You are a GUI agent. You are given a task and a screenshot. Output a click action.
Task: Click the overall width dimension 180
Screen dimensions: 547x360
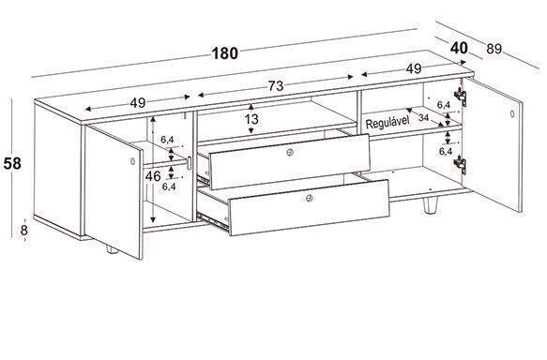[x=225, y=53]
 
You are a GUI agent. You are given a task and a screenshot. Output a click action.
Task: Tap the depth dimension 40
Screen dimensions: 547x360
[x=459, y=48]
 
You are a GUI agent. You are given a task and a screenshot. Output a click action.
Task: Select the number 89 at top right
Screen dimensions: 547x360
[x=494, y=49]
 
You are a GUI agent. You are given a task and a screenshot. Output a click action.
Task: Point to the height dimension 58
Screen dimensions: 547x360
[x=12, y=163]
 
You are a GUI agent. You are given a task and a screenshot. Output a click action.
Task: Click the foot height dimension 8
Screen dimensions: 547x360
[x=24, y=231]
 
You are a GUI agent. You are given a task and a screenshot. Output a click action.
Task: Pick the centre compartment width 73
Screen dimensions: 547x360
[x=276, y=86]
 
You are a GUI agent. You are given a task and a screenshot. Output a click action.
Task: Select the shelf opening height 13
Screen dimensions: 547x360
[x=251, y=120]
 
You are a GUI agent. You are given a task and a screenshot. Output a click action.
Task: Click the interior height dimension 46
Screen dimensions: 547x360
[x=153, y=176]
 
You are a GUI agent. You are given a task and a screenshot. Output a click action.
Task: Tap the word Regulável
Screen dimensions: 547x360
[x=387, y=122]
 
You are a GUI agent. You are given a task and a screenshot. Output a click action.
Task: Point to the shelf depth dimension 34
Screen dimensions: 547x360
[x=423, y=118]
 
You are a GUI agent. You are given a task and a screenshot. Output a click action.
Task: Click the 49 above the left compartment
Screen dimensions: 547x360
[x=138, y=103]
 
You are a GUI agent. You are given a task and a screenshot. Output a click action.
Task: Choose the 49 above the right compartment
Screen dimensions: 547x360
[x=414, y=69]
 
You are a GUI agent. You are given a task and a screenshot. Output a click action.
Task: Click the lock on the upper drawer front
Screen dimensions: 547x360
[x=290, y=152]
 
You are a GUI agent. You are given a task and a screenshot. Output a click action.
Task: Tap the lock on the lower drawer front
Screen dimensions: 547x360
[x=309, y=199]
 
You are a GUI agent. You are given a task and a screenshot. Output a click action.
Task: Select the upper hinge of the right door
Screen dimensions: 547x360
[x=461, y=97]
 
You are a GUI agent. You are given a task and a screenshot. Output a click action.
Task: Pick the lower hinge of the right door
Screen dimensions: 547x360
[x=461, y=164]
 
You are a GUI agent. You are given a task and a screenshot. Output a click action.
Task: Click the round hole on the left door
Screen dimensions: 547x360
[x=132, y=161]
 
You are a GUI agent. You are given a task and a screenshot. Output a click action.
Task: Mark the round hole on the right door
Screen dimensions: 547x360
[x=512, y=113]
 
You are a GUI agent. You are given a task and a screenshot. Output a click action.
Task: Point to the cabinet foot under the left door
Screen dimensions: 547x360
[x=113, y=249]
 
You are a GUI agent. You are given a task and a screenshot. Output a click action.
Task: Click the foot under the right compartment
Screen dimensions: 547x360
[x=430, y=205]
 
